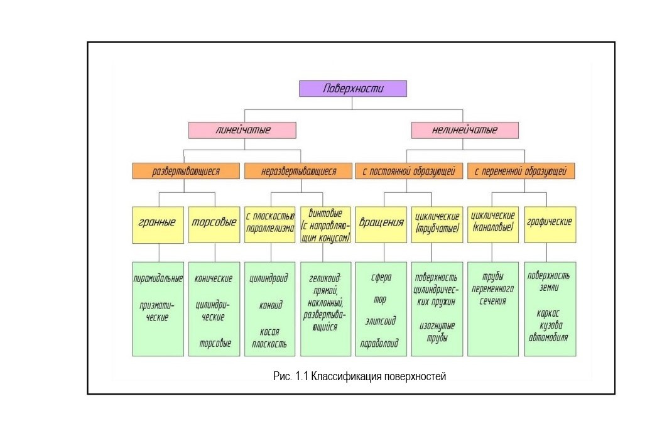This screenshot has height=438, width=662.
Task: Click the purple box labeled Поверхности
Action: [353, 89]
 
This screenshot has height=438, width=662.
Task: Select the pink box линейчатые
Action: [242, 130]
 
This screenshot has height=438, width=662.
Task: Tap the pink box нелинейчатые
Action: [465, 130]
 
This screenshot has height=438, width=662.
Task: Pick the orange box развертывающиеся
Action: [186, 170]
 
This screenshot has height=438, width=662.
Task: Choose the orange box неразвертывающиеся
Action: [298, 170]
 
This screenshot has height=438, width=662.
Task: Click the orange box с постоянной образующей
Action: [409, 170]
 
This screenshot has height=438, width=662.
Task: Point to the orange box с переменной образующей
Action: [521, 170]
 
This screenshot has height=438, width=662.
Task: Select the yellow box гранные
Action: [158, 223]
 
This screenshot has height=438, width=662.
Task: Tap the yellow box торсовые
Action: [214, 223]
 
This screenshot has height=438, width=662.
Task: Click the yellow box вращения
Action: [381, 223]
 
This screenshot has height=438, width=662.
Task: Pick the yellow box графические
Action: [549, 223]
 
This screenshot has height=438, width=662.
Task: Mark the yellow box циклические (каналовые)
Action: [493, 223]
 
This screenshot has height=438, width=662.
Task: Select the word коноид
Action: [271, 305]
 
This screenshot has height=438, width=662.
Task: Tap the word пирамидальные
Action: [158, 278]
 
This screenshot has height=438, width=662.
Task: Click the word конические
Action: [214, 278]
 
